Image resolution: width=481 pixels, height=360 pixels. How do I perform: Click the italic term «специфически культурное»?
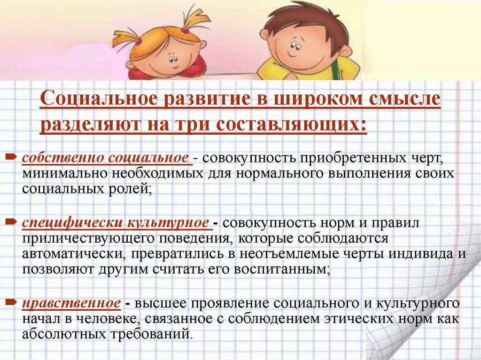point(116,222)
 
